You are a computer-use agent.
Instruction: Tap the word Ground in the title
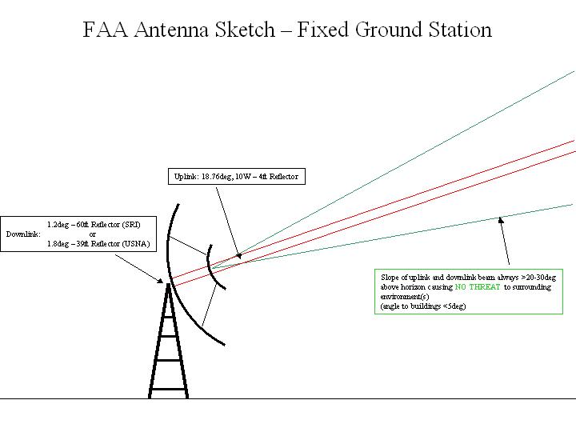pos(389,30)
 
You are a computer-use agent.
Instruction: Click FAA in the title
pos(105,30)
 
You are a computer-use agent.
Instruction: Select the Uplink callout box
pos(237,176)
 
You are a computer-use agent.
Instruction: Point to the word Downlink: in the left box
pos(23,234)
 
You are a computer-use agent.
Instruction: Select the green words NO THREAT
pos(478,287)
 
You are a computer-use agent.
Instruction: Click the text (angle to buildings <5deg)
pos(423,306)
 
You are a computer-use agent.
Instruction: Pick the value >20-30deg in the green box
pos(538,278)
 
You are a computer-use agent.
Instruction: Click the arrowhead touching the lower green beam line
pos(500,220)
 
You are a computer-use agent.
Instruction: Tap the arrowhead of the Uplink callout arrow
pos(238,256)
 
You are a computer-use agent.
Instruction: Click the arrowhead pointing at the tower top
pos(160,281)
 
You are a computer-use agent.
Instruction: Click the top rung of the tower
pos(168,317)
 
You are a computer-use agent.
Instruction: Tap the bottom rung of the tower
pos(169,389)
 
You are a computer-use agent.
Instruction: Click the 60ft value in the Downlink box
pos(82,225)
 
